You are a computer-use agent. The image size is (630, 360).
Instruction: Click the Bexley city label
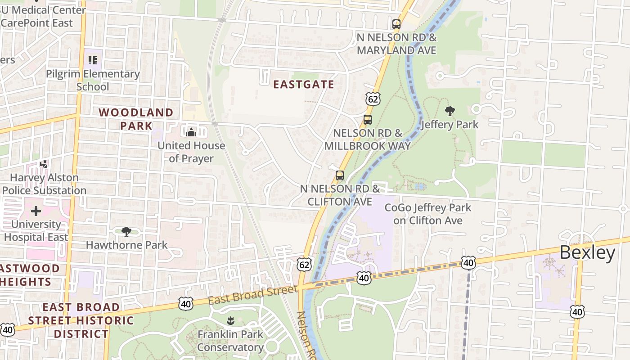pos(587,253)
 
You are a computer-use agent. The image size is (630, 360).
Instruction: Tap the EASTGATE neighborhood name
pos(304,85)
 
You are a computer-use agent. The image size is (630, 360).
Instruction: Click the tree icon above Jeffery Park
pos(450,111)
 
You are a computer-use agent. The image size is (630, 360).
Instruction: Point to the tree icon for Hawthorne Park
pos(126,232)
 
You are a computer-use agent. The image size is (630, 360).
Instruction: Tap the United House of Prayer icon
pos(191,132)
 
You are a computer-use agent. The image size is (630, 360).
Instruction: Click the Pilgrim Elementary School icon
pos(93,60)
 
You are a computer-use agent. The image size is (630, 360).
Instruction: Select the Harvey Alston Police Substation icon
pos(44,164)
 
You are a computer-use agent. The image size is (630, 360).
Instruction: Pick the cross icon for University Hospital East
pos(36,211)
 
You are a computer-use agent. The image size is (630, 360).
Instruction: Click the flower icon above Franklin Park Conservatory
pos(230,321)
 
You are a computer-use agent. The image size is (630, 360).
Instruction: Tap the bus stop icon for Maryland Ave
pos(396,24)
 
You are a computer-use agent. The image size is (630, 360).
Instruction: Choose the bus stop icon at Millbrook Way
pos(367,120)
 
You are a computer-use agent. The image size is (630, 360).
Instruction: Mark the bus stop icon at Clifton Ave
pos(340,175)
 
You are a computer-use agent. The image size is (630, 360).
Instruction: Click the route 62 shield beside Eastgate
pos(373,99)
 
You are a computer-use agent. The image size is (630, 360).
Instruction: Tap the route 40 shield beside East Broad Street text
pos(185,304)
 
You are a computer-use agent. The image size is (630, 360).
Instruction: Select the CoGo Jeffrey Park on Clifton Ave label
pos(427,214)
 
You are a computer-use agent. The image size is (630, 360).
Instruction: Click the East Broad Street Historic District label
pos(81,320)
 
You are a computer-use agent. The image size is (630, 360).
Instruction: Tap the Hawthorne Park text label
pos(126,245)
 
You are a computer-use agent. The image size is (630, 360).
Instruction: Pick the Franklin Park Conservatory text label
pos(230,341)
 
